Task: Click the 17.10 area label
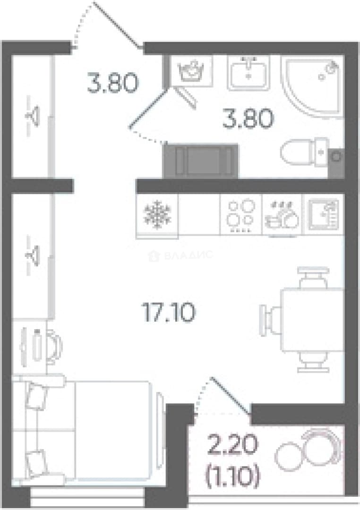169,312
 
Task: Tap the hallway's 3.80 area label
112,83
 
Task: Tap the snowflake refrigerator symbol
157,214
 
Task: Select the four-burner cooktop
241,214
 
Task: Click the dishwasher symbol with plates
282,215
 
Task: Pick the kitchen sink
324,214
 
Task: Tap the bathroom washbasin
249,73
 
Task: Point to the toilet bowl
304,153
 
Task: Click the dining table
312,320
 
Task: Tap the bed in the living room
82,431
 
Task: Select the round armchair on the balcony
322,445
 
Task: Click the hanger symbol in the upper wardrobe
33,116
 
